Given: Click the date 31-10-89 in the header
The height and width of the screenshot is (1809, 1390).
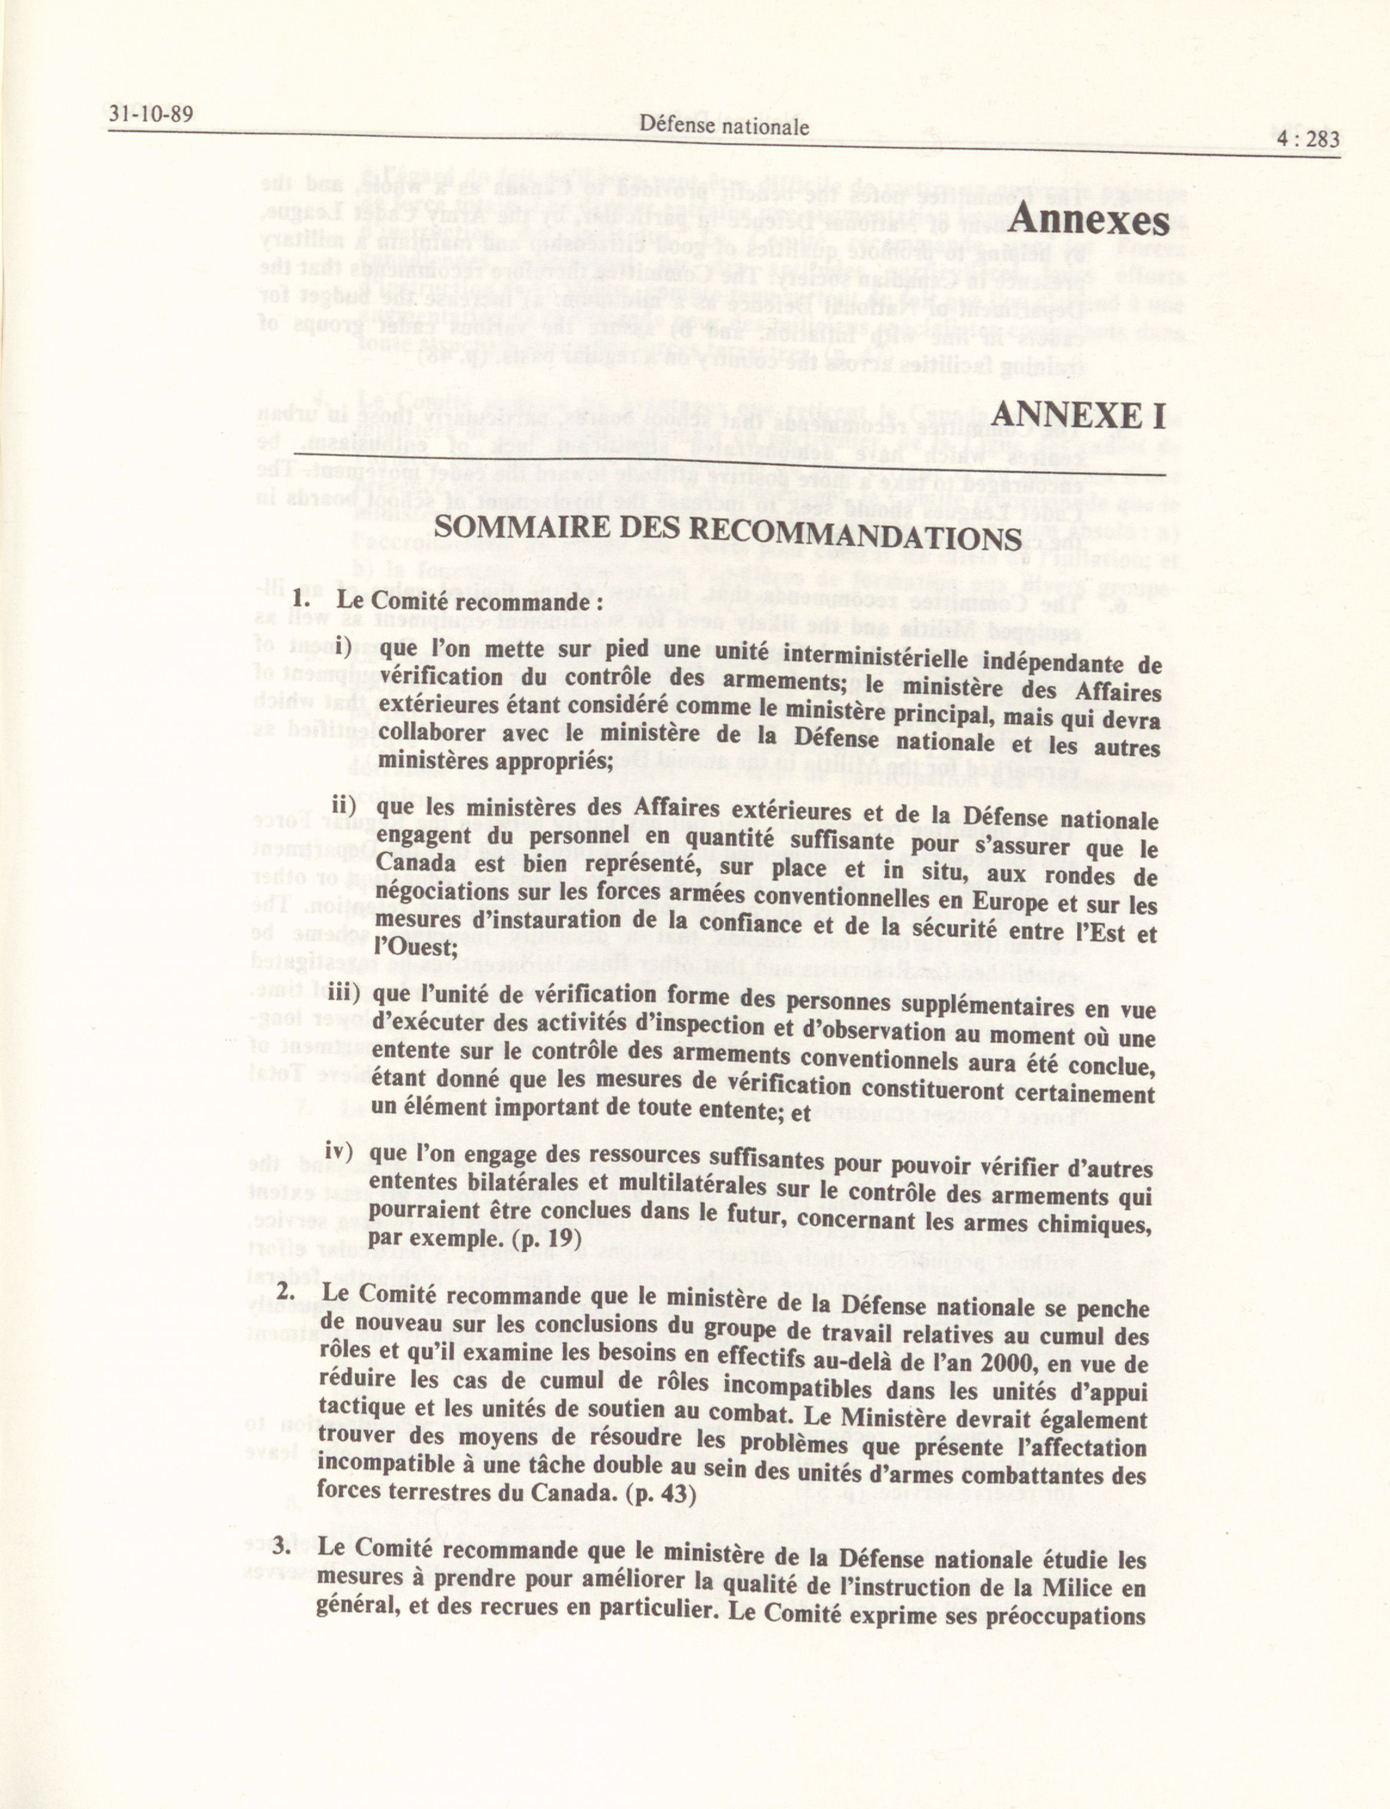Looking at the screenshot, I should pos(150,113).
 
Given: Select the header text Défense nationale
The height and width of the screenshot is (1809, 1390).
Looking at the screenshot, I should pos(723,126).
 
